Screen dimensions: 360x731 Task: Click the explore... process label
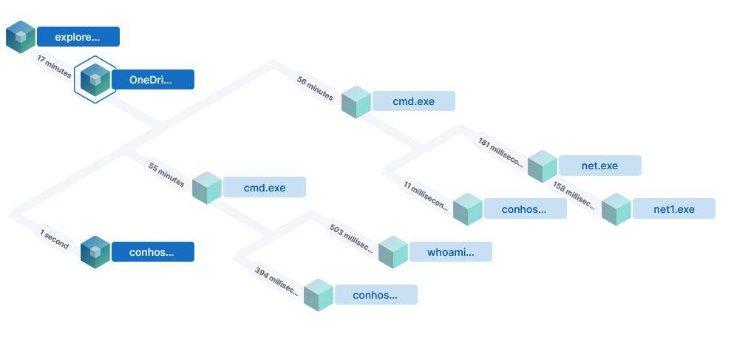coord(78,36)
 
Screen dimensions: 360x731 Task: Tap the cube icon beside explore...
coord(21,36)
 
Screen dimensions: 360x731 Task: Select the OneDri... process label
coord(152,79)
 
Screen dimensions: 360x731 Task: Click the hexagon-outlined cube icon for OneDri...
coord(95,79)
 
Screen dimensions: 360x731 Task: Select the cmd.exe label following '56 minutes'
coord(413,101)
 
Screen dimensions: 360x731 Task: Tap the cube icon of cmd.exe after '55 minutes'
coord(207,188)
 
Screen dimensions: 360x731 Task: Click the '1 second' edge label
coord(55,239)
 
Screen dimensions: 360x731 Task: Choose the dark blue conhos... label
coord(152,252)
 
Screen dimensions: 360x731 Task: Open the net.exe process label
coord(599,166)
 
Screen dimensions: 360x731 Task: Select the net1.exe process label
coord(674,208)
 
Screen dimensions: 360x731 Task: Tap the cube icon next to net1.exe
coord(616,208)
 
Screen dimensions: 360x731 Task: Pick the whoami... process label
coord(450,252)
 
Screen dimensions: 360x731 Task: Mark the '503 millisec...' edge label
coord(352,237)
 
